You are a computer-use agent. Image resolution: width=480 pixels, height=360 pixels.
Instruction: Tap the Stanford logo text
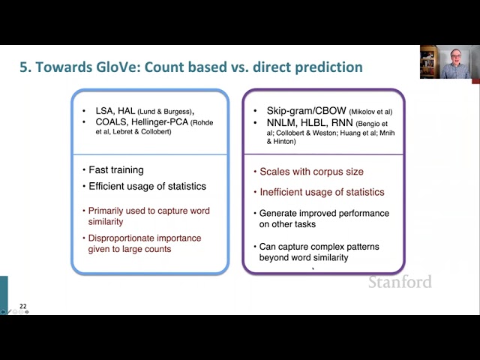(x=400, y=282)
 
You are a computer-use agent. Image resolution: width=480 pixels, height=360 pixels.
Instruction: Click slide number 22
(x=23, y=306)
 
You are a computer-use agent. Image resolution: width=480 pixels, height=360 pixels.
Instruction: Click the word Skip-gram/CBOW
(x=307, y=111)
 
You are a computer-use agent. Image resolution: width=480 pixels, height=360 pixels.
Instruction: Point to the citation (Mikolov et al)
(x=370, y=112)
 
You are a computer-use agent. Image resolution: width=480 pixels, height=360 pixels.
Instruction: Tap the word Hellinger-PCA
(x=160, y=122)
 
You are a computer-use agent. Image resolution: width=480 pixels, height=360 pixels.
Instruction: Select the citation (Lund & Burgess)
(x=165, y=112)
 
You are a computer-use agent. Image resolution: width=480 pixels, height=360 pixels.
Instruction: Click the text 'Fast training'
(x=116, y=170)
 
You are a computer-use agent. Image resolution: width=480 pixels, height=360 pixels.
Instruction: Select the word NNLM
(x=282, y=123)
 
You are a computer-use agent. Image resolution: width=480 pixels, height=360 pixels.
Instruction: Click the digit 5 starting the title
(x=24, y=67)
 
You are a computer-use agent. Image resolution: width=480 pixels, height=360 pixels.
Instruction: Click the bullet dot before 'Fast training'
(x=84, y=170)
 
